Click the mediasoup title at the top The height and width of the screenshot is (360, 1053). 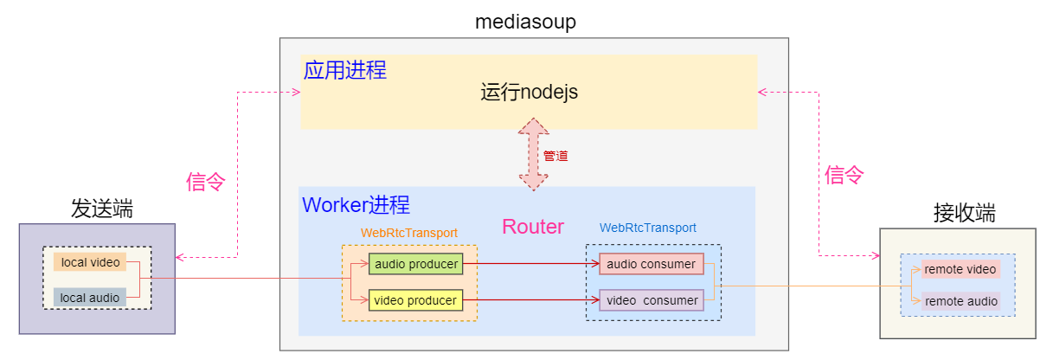tap(525, 21)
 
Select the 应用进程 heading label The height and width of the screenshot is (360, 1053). tap(344, 70)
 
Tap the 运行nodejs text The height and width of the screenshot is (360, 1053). tap(529, 92)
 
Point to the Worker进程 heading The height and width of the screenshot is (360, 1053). tap(356, 205)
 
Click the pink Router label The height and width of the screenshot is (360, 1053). tap(532, 227)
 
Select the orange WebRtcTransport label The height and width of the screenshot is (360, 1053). tap(409, 233)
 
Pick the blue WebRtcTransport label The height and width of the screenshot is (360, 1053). tap(647, 228)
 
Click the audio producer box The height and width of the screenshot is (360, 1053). tap(415, 263)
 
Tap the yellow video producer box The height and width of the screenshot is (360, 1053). tap(415, 300)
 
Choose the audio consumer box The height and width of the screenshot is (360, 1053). tap(652, 263)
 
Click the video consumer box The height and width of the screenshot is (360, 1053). tap(652, 300)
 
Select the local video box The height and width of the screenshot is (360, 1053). tap(90, 261)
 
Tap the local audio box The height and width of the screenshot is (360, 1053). tap(90, 298)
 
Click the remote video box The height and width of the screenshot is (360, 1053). tap(960, 269)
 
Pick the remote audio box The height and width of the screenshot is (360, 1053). tap(960, 302)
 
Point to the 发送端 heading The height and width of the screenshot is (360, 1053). tap(102, 209)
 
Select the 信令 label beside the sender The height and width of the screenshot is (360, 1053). tap(206, 182)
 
